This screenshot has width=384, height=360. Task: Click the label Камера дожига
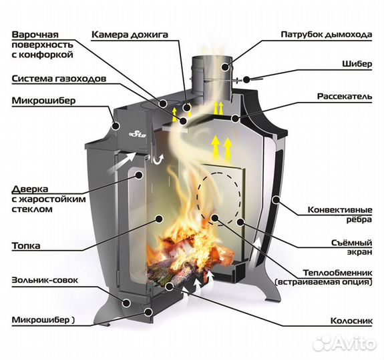pyautogui.click(x=130, y=35)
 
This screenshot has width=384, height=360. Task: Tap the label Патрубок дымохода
pyautogui.click(x=327, y=35)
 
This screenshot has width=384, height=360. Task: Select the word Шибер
pyautogui.click(x=357, y=64)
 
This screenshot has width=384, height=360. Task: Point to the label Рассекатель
pyautogui.click(x=345, y=96)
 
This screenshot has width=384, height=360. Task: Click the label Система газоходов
pyautogui.click(x=59, y=79)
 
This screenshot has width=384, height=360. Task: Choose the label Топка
pyautogui.click(x=26, y=245)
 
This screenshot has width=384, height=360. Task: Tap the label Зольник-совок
pyautogui.click(x=45, y=280)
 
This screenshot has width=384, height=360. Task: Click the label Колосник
pyautogui.click(x=351, y=321)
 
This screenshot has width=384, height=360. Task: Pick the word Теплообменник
pyautogui.click(x=338, y=273)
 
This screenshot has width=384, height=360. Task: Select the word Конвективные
pyautogui.click(x=340, y=210)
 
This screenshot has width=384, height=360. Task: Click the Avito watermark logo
pyautogui.click(x=345, y=343)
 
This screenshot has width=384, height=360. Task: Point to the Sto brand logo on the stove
pyautogui.click(x=138, y=134)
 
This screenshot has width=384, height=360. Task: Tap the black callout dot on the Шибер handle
pyautogui.click(x=246, y=79)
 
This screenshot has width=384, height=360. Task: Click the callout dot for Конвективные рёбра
pyautogui.click(x=276, y=200)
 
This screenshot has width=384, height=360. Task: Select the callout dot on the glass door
pyautogui.click(x=139, y=175)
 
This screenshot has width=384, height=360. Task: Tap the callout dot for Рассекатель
pyautogui.click(x=235, y=119)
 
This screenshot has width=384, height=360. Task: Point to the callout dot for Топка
pyautogui.click(x=159, y=219)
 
